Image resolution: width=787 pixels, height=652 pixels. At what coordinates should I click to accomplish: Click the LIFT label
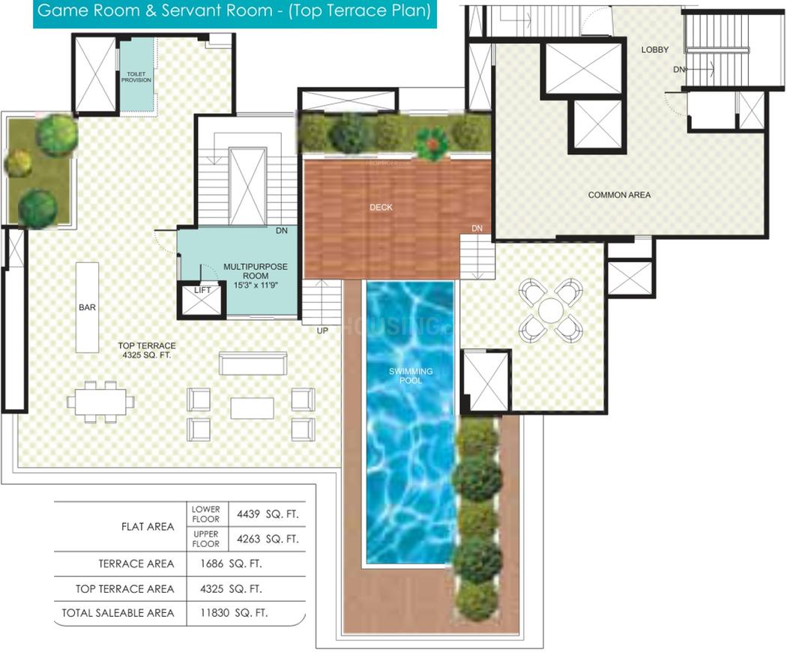(203, 290)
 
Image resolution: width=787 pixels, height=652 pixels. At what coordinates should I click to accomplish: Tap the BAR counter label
(88, 307)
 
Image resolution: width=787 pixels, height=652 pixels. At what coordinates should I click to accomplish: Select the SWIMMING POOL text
(411, 375)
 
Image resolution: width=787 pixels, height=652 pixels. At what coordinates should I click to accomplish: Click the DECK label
(381, 208)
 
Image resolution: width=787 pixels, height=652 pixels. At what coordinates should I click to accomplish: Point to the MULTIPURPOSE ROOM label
(256, 271)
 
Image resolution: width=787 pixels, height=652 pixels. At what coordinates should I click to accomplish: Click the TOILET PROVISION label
(136, 76)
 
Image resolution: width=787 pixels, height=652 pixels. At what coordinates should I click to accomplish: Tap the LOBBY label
(655, 49)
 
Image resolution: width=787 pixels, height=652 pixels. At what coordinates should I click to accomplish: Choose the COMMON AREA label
(619, 195)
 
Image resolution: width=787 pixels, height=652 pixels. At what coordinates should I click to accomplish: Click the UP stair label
(322, 330)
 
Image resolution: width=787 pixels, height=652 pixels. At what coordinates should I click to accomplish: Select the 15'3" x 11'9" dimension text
(256, 285)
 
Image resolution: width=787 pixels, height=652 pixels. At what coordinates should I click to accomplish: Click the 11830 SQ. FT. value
(234, 613)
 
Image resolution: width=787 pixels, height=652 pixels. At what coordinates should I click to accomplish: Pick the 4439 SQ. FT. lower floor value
(268, 514)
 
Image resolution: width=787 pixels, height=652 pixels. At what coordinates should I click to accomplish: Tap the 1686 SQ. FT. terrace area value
(231, 564)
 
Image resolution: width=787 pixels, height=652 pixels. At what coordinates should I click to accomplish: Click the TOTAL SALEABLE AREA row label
(118, 613)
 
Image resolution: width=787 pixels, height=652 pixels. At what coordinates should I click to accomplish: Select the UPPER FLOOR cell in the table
(206, 539)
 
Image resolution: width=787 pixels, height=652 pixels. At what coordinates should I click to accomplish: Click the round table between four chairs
(551, 311)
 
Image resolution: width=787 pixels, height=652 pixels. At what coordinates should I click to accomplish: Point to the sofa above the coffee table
(253, 363)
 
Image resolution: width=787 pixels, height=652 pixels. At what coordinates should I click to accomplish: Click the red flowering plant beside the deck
(432, 142)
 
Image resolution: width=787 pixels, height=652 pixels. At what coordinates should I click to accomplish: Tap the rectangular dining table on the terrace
(101, 402)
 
